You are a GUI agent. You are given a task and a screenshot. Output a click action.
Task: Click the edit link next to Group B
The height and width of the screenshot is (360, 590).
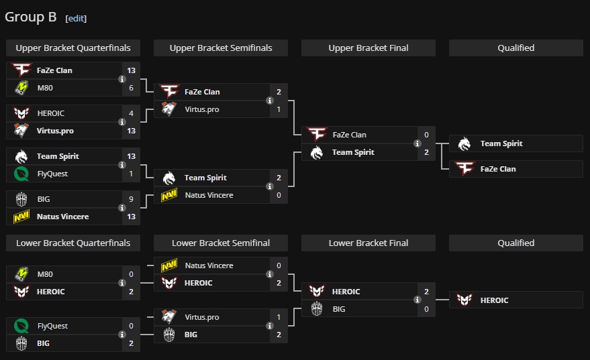coord(76,19)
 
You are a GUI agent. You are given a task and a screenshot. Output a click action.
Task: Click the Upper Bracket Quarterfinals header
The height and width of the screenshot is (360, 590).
coord(73,48)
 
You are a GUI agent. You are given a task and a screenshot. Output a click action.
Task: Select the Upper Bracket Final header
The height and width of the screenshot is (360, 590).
coord(368,48)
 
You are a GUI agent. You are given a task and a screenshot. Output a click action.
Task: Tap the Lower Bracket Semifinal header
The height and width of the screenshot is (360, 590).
coord(221,243)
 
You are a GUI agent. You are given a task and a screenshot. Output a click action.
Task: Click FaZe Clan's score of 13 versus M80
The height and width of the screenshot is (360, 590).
coord(132,70)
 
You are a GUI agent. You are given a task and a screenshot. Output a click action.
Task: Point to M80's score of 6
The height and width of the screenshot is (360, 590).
coord(132,88)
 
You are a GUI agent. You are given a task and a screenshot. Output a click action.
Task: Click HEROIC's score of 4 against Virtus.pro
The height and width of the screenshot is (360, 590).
coord(132,113)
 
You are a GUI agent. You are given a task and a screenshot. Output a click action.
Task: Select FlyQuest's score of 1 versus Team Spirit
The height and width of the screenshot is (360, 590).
coord(132,174)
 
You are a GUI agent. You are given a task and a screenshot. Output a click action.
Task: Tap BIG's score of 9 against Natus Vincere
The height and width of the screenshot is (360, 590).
coord(132,199)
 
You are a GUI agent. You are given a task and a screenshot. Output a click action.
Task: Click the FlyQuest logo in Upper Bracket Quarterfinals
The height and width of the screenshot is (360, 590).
coord(21,174)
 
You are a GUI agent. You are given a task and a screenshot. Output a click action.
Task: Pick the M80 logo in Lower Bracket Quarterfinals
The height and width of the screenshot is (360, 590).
coord(21,274)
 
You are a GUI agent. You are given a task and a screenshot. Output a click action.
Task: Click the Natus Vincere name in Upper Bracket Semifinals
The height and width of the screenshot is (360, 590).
coord(209,195)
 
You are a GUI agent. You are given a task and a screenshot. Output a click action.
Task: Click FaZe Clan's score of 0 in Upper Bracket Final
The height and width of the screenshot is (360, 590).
coord(426,135)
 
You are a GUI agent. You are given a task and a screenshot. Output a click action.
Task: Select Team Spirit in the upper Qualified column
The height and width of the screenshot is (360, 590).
coord(501,143)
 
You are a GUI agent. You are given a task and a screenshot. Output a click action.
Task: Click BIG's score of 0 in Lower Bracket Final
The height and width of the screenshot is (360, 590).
coord(426,309)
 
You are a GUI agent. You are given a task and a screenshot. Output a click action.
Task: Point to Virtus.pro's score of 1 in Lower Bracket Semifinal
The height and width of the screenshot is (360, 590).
coord(279,317)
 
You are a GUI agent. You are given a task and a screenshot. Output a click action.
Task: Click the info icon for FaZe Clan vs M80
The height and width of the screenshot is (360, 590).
coord(121,79)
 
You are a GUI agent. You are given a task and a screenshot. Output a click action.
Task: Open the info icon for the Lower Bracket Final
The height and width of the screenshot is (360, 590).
coord(417,300)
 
